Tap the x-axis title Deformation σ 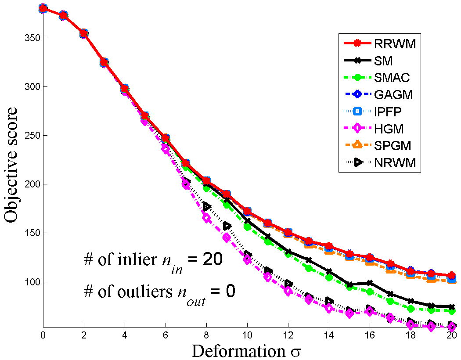coord(246,351)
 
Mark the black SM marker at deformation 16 coord(370,283)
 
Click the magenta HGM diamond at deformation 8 coord(207,218)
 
